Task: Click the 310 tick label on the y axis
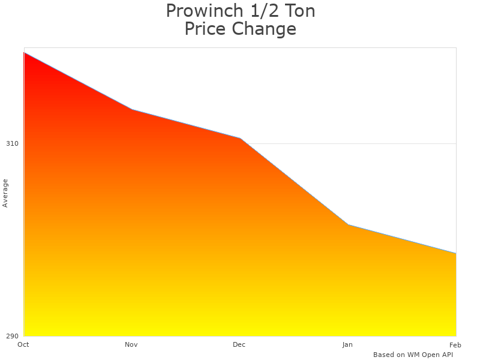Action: [x=12, y=143]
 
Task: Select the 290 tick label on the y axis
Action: [x=12, y=335]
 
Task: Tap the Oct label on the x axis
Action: [x=23, y=344]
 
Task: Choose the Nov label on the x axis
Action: [x=131, y=344]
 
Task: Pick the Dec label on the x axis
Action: [x=239, y=344]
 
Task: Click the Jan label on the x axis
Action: [x=347, y=344]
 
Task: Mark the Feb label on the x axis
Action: [x=455, y=344]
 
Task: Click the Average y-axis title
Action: [x=5, y=193]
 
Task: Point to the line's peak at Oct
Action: [x=24, y=53]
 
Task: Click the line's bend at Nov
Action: [x=132, y=109]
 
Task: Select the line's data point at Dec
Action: [x=240, y=138]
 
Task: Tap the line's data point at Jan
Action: [x=348, y=224]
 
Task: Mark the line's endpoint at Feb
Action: [x=456, y=253]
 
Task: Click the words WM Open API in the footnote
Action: [x=430, y=355]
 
